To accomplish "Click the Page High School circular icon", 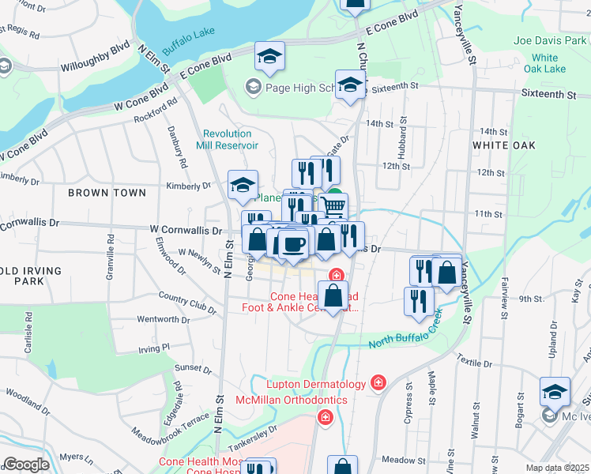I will pos(254,86).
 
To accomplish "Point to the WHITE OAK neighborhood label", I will pos(503,145).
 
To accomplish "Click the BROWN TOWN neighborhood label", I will pos(107,193).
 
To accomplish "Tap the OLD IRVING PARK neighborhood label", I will pos(32,276).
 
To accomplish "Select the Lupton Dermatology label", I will pos(316,385).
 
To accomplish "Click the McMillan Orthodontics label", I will pos(292,401).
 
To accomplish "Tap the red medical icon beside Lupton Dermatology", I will pos(378,383).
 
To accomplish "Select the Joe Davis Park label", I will pos(551,40).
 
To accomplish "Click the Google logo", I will pos(25,465).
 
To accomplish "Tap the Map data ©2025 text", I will pos(557,468).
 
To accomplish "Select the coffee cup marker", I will pos(294,244).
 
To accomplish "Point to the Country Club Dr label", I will pos(187,302).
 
